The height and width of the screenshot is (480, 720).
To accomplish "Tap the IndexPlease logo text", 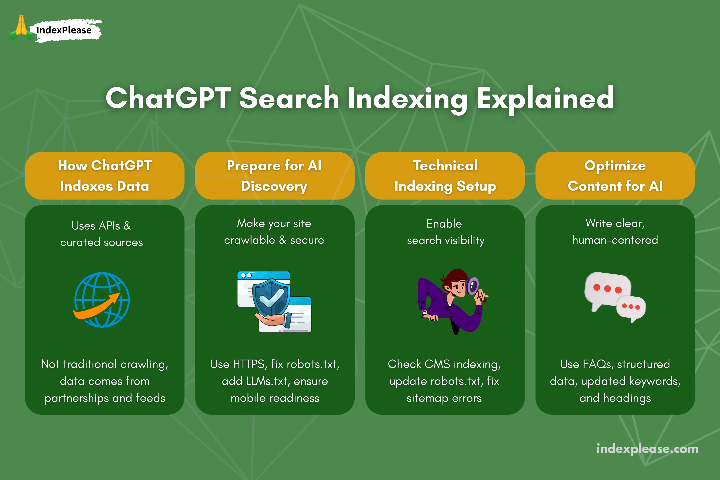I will [64, 30].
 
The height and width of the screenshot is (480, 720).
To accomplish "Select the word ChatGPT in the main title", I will [168, 98].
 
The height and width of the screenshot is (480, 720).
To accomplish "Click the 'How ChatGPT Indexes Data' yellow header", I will [105, 176].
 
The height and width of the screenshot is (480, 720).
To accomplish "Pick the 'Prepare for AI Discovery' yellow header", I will [275, 176].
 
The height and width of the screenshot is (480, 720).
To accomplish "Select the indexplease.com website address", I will [647, 449].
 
